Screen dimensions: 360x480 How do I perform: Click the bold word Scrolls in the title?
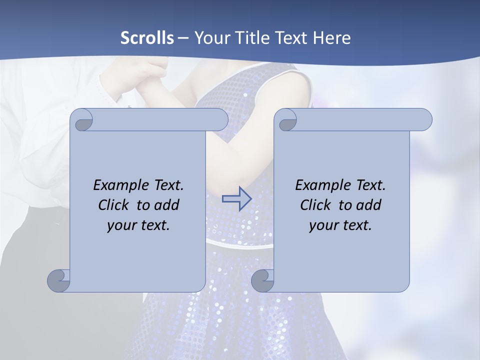tap(147, 38)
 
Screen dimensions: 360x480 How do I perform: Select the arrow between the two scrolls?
tap(236, 198)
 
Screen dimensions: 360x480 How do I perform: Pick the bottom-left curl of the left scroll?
tap(58, 280)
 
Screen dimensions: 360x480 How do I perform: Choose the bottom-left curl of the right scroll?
tap(262, 280)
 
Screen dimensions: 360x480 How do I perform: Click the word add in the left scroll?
tap(167, 205)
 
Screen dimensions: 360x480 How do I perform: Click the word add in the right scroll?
tap(369, 205)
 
